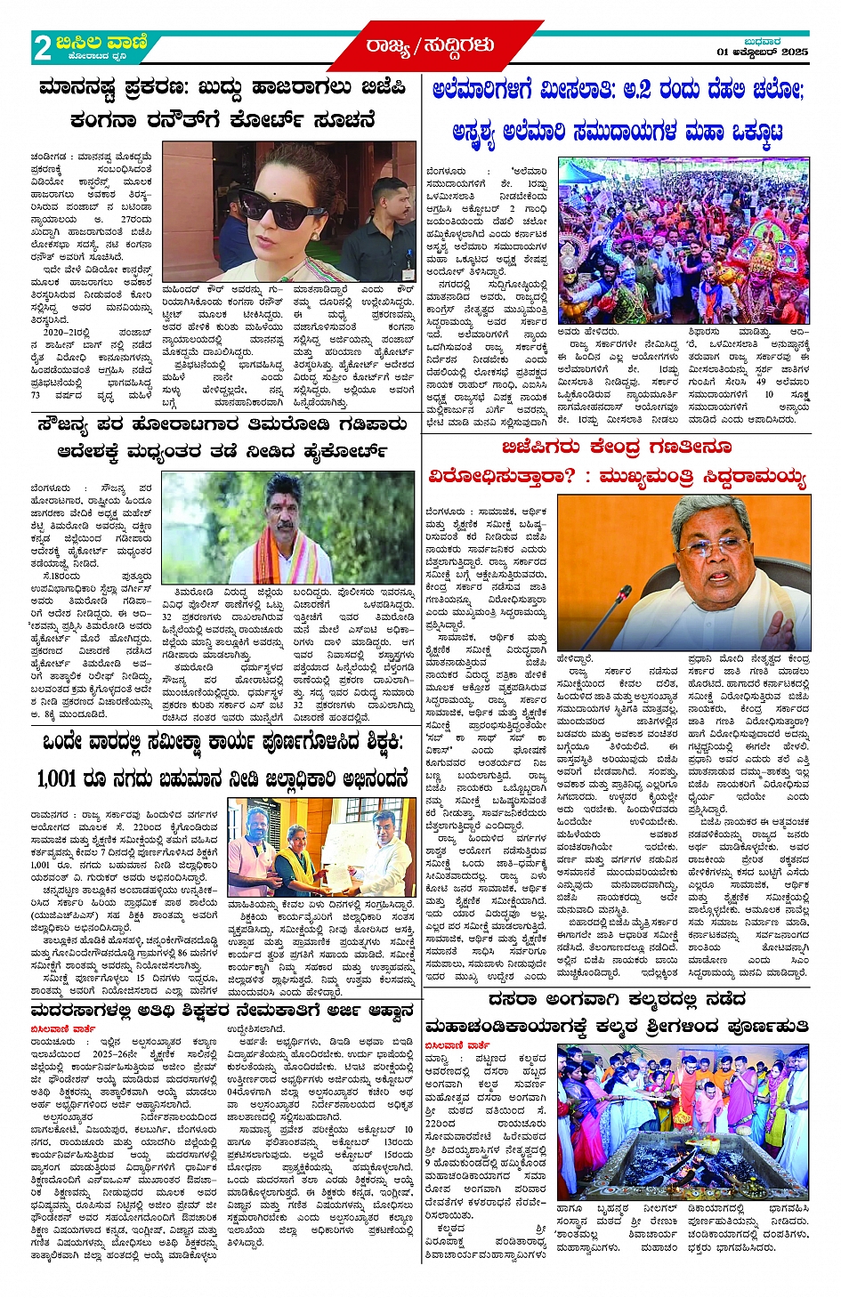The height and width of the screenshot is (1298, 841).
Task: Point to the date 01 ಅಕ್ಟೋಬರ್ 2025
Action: (x=763, y=52)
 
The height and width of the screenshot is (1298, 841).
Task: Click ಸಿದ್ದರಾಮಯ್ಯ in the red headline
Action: (x=749, y=477)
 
